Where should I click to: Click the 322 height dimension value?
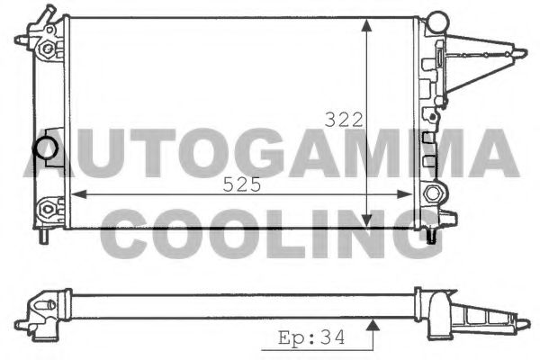345,119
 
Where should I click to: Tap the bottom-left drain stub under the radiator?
42,235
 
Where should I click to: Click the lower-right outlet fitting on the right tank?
436,193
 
